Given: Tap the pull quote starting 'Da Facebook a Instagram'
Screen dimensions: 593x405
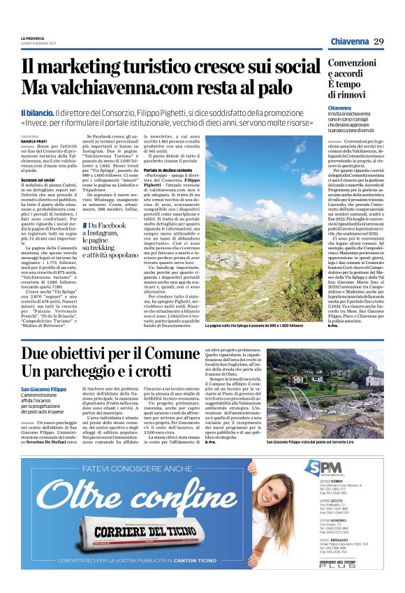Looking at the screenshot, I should [x=110, y=240].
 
